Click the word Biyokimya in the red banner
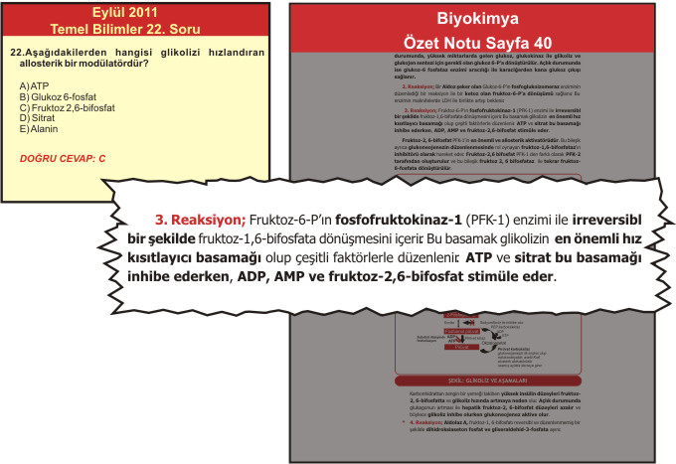[x=479, y=20]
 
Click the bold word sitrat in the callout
[x=506, y=257]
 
